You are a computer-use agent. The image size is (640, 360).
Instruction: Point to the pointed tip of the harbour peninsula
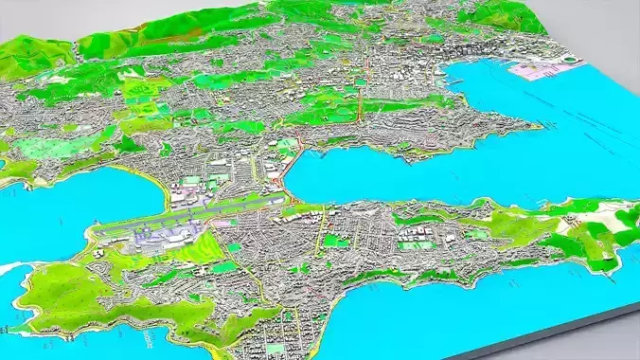[540, 126]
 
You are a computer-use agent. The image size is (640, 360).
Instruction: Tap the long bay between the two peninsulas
[426, 171]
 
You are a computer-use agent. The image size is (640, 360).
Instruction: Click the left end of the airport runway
[95, 229]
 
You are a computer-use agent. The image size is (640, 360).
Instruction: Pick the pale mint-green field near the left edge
[38, 147]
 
